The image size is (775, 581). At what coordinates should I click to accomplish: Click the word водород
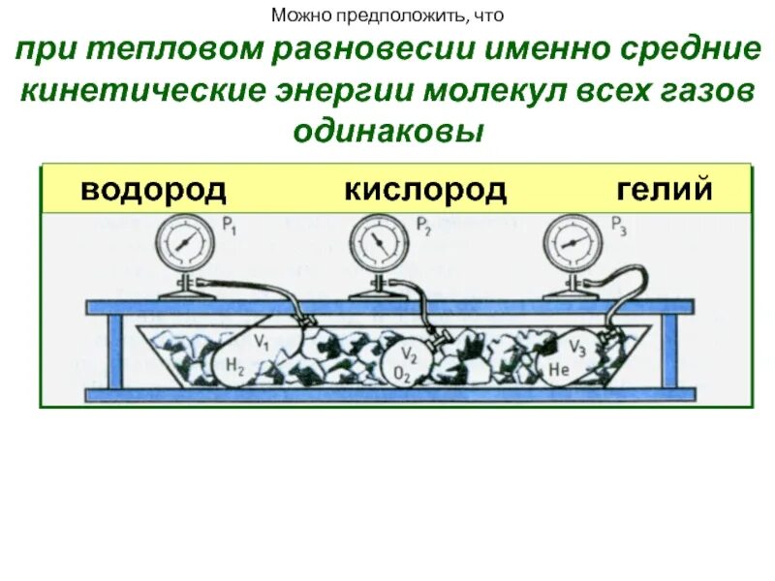153,189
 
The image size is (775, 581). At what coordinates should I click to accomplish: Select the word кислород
424,189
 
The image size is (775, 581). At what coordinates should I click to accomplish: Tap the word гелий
665,189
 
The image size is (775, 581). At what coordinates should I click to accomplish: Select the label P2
423,228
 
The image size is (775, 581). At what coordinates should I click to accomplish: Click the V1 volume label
261,341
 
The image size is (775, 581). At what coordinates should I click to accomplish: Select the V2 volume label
411,352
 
